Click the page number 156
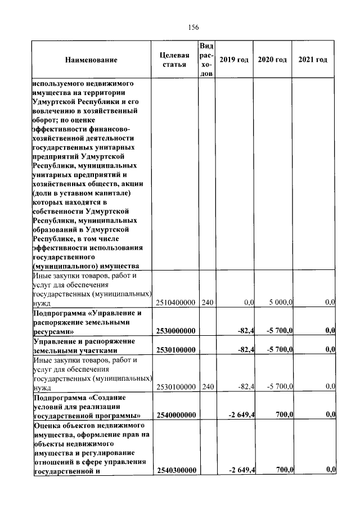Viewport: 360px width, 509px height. (x=193, y=27)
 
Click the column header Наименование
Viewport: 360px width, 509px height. (x=91, y=60)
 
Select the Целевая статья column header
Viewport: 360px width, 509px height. (x=175, y=60)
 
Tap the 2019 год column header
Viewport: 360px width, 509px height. (x=233, y=60)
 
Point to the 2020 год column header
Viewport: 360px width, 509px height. (x=272, y=60)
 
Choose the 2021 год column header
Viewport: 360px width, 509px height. (x=313, y=60)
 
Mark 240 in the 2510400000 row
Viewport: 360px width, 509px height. (x=208, y=303)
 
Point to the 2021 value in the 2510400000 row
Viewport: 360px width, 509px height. (x=330, y=303)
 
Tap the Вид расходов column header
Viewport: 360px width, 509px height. (x=207, y=60)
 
